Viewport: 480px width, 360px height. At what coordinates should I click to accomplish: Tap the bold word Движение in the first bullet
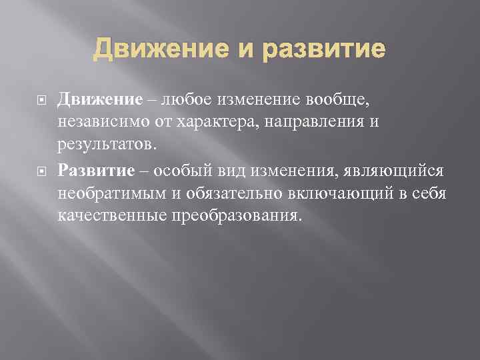tap(100, 100)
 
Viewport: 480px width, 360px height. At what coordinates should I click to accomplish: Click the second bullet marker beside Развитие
tap(39, 170)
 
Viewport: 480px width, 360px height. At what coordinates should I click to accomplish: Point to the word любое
tap(181, 100)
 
